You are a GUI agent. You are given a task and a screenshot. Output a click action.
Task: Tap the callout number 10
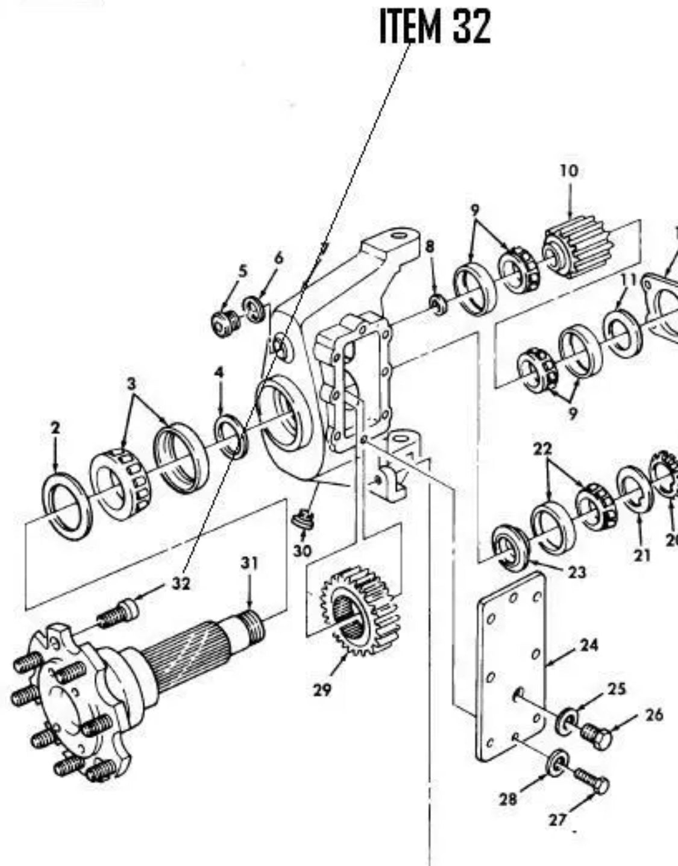(x=569, y=171)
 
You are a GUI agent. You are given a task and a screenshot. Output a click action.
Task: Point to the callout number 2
(x=55, y=428)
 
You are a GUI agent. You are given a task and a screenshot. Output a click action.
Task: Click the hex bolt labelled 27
(x=591, y=780)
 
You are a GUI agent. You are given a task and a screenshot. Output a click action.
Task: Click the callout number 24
(x=589, y=645)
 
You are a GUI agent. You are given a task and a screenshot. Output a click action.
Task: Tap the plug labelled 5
(x=225, y=324)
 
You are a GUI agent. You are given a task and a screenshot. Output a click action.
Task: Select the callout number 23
(x=576, y=571)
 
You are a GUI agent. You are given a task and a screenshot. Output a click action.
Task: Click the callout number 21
(x=642, y=555)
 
